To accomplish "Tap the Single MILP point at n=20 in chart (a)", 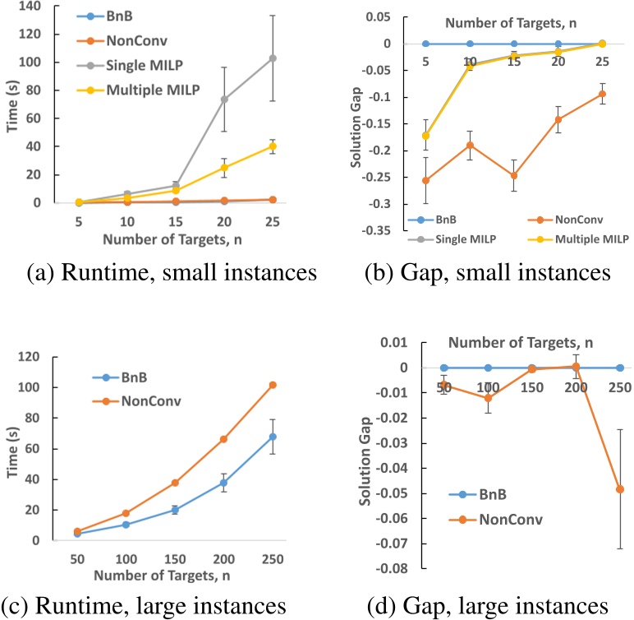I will tap(223, 99).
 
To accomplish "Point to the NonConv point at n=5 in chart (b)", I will tap(425, 180).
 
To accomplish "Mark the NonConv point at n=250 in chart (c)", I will tap(273, 385).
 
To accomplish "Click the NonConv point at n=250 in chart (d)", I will tap(620, 489).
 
